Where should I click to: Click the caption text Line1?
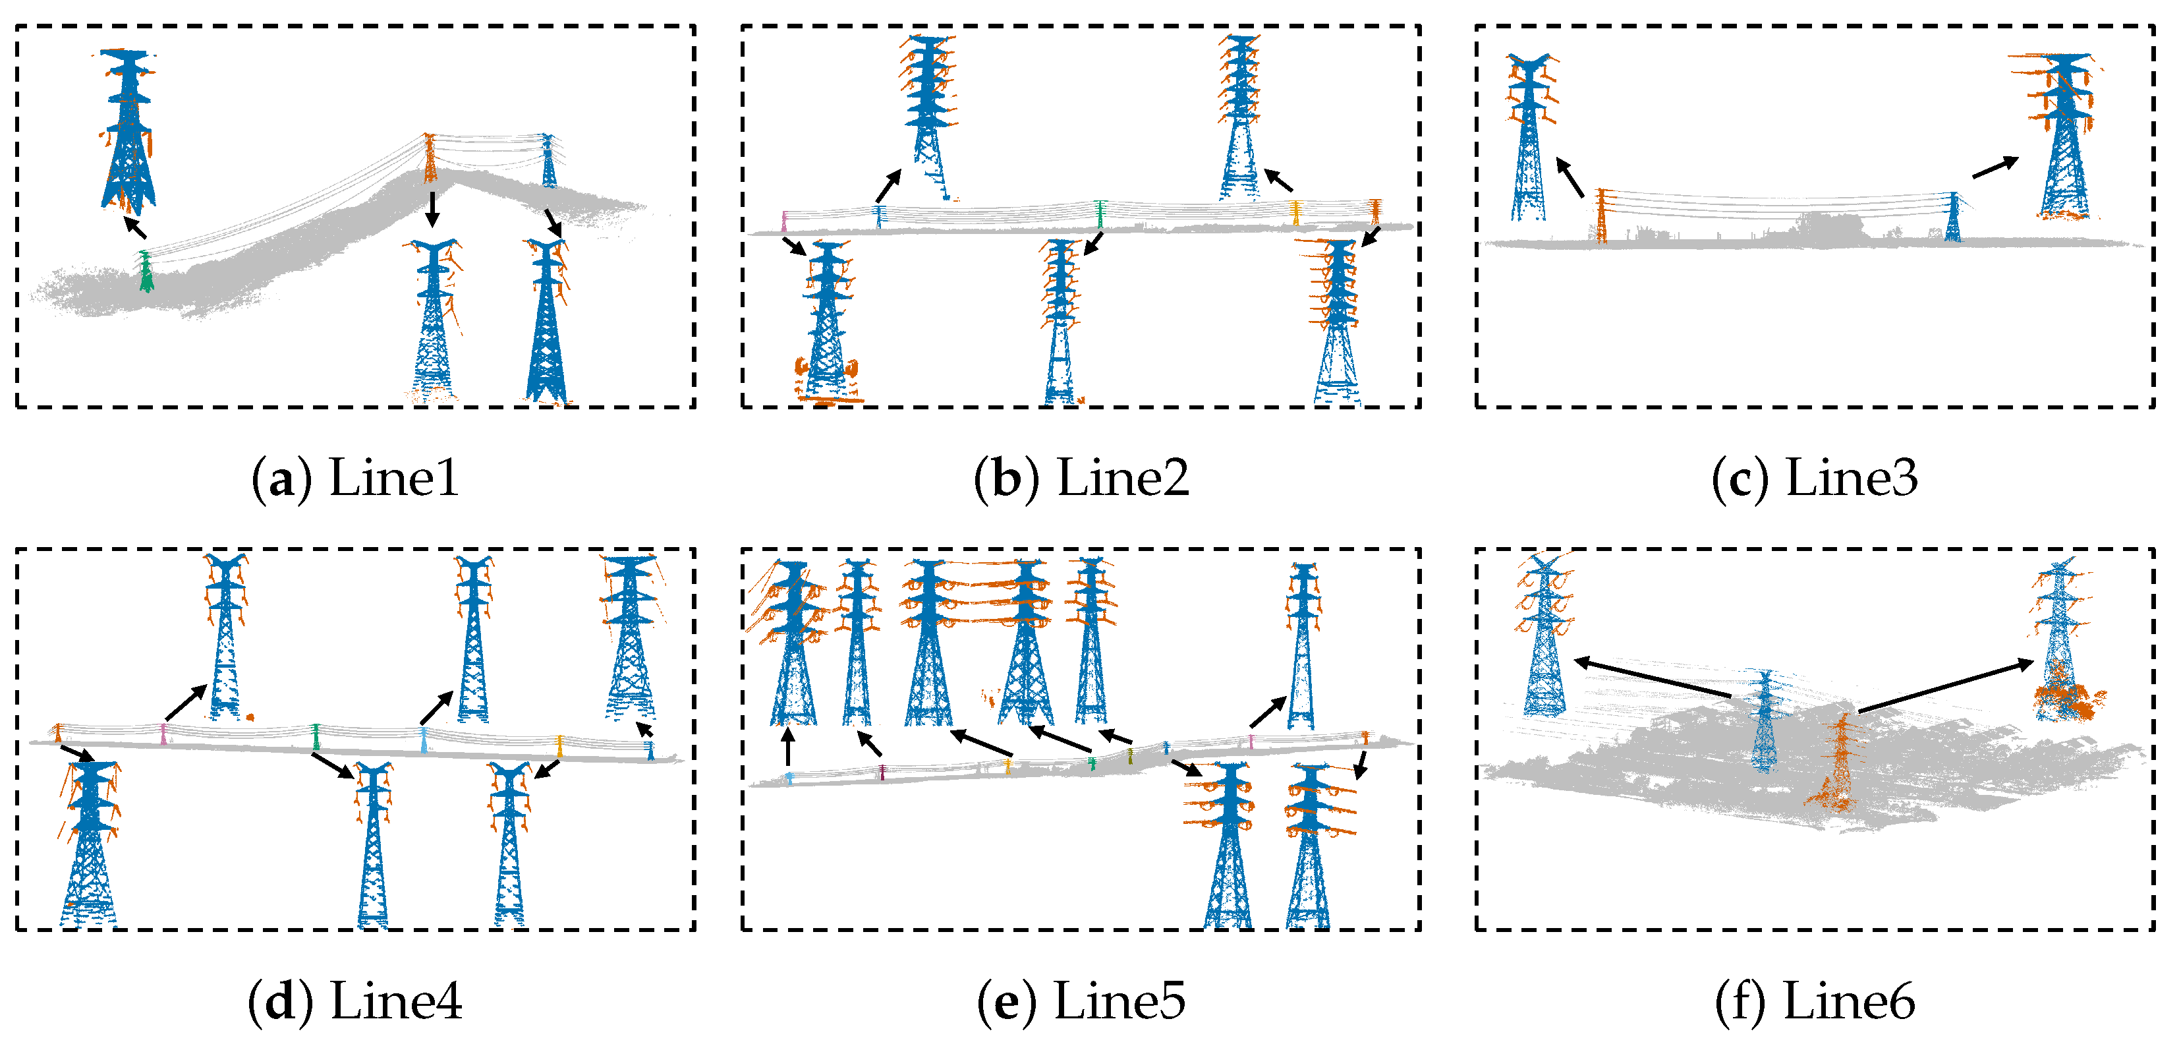pos(393,479)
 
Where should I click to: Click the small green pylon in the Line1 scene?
pos(146,271)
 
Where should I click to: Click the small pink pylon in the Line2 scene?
pos(784,221)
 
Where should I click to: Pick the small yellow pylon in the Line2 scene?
pos(1295,212)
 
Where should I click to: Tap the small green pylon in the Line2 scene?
pos(1100,214)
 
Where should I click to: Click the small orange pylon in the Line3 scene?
pos(1601,216)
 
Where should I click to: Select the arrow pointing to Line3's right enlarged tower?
pos(1995,167)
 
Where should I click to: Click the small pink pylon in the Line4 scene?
pos(163,734)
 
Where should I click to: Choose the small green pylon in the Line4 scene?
pos(316,737)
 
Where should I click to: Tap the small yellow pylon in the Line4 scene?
pos(559,745)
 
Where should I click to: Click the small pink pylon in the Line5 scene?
pos(1251,742)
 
